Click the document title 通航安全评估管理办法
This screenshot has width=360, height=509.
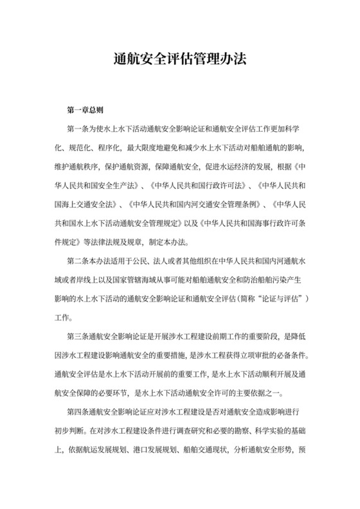pos(179,60)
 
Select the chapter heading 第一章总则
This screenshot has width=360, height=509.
pos(85,111)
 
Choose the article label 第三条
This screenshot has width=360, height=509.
pos(76,337)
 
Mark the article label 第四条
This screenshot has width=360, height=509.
pos(76,410)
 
